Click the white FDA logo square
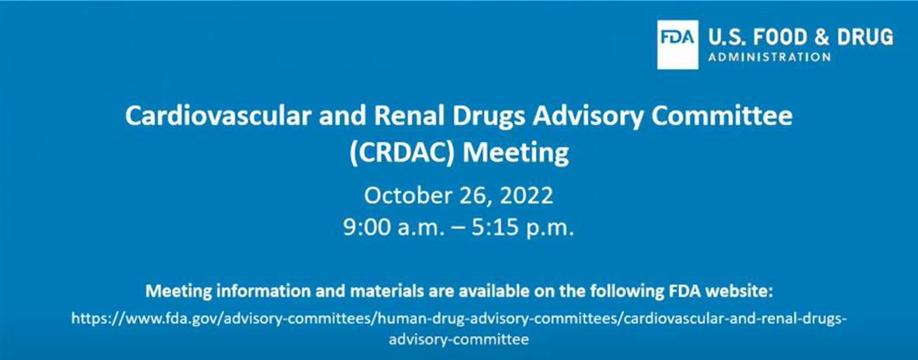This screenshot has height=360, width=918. pyautogui.click(x=677, y=45)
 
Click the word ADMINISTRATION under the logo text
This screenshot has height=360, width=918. pyautogui.click(x=769, y=57)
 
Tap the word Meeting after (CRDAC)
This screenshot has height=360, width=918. pyautogui.click(x=516, y=155)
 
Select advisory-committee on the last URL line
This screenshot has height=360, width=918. pyautogui.click(x=459, y=339)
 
